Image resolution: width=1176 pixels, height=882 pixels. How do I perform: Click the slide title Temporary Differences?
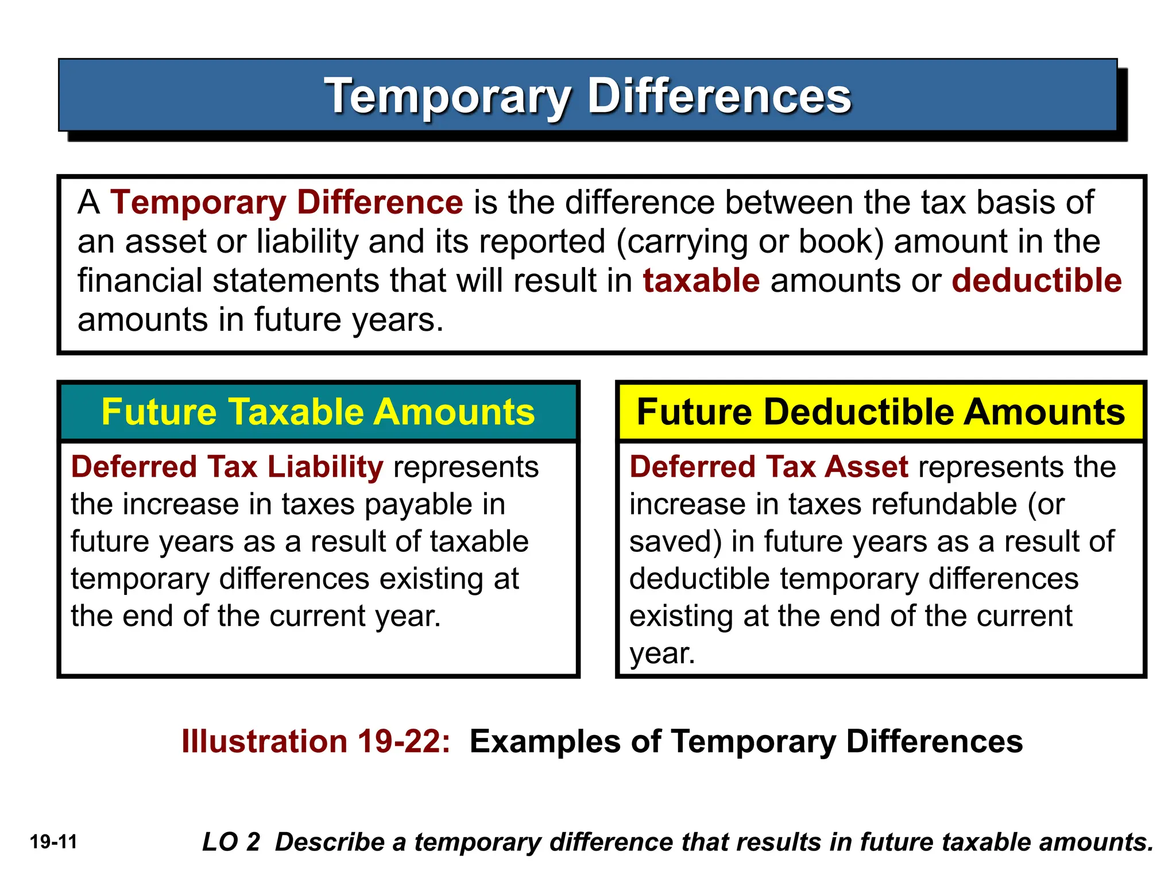[x=587, y=96]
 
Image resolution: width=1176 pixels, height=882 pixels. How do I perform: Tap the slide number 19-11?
[x=53, y=842]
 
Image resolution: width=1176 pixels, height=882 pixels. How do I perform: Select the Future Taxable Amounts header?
[x=318, y=412]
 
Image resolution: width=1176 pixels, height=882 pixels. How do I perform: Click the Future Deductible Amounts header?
[x=881, y=412]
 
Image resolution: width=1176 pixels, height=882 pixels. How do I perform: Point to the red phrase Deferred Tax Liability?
[x=227, y=466]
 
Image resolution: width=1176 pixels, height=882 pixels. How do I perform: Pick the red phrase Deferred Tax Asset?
[x=769, y=466]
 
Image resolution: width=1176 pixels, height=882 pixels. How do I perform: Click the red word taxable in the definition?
[x=701, y=281]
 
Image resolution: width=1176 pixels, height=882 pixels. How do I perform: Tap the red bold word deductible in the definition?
[x=1036, y=281]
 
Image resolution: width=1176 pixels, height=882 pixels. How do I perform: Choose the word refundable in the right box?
[x=902, y=504]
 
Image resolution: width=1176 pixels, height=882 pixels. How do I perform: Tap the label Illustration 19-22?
[x=316, y=741]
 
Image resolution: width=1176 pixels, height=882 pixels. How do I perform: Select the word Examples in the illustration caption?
[x=545, y=741]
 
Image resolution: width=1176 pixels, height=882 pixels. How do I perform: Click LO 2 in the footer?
[x=231, y=842]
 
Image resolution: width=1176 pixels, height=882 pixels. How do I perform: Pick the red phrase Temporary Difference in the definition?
[x=287, y=203]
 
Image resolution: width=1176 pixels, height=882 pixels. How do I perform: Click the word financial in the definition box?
[x=140, y=281]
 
